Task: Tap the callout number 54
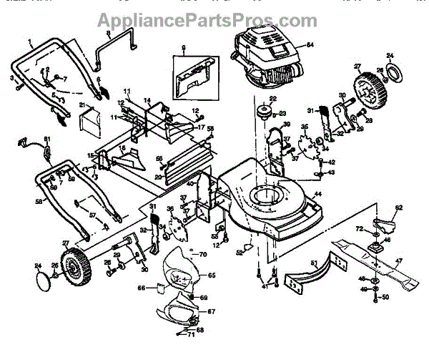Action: (x=310, y=45)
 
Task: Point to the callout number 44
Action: (x=317, y=194)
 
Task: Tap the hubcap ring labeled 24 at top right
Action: (x=392, y=72)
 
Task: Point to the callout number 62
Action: (x=399, y=208)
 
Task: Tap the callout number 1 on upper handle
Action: (x=31, y=42)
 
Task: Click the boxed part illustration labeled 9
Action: (x=187, y=72)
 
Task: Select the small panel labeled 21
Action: (x=92, y=118)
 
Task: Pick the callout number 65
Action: (x=211, y=275)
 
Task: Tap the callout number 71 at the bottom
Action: (x=191, y=334)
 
